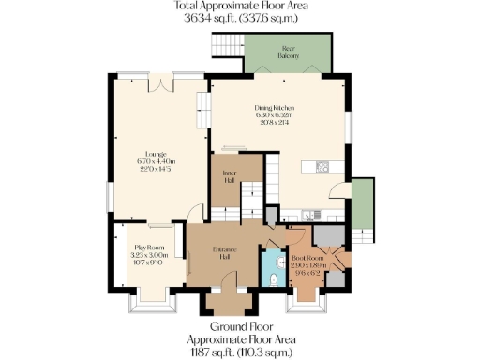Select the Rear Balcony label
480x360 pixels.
pos(288,52)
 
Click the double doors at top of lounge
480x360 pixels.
pos(166,82)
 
